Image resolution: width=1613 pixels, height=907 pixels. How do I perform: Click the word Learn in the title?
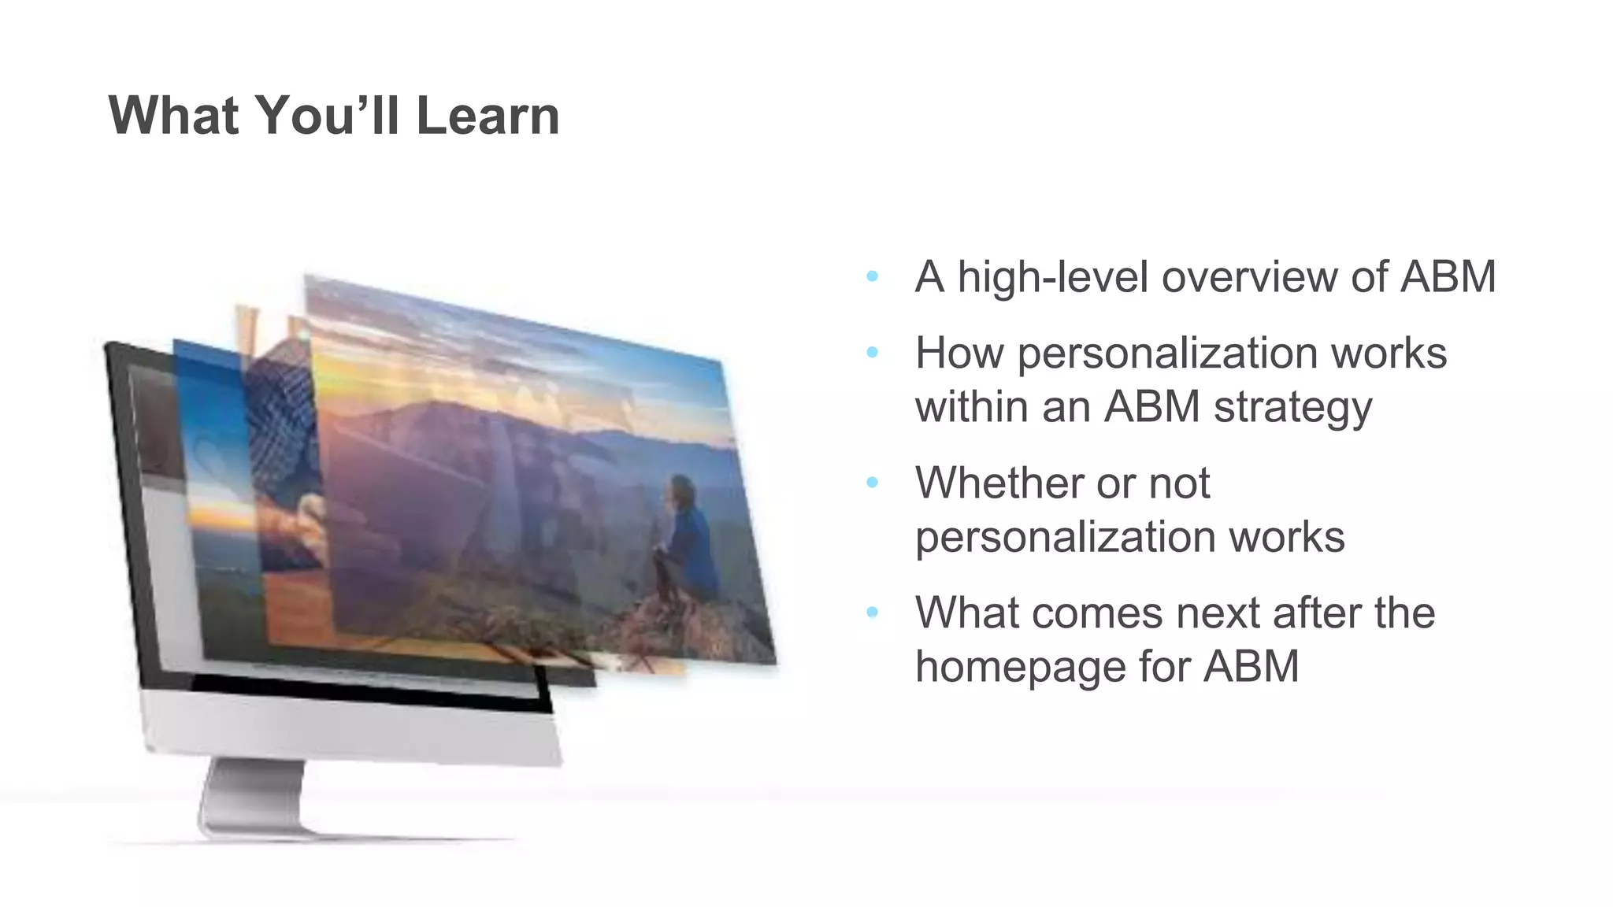coord(487,116)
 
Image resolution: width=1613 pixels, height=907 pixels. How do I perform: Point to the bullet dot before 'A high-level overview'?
coord(872,276)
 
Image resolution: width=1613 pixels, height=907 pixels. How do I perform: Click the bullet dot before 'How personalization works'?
coord(872,353)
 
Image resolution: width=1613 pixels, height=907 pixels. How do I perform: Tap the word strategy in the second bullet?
coord(1292,408)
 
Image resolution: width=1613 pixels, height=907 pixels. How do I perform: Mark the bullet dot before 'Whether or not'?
coord(872,483)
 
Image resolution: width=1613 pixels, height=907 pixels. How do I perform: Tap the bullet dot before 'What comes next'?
coord(872,613)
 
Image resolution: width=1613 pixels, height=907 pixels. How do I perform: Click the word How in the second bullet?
coord(959,353)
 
